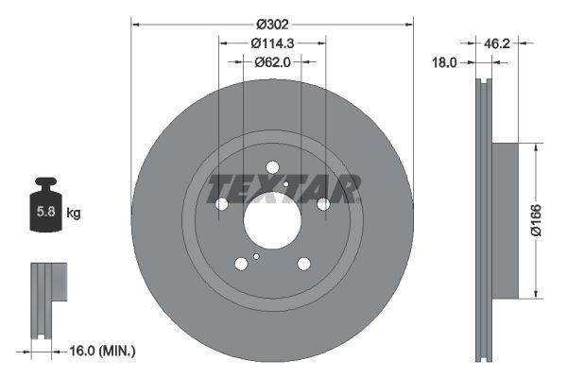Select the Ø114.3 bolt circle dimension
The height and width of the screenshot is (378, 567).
pyautogui.click(x=272, y=43)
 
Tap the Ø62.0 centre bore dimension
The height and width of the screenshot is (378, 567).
pyautogui.click(x=272, y=62)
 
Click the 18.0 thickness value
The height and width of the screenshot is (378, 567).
pyautogui.click(x=444, y=62)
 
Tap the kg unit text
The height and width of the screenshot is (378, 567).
pyautogui.click(x=74, y=214)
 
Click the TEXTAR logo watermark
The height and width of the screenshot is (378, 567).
pyautogui.click(x=283, y=189)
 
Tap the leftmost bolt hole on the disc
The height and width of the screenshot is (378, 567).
pyautogui.click(x=223, y=204)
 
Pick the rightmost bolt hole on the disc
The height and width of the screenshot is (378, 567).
pyautogui.click(x=322, y=203)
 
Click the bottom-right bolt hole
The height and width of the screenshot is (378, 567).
pyautogui.click(x=303, y=264)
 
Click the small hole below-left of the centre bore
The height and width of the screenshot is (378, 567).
pyautogui.click(x=256, y=255)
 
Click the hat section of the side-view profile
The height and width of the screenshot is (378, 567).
pyautogui.click(x=505, y=219)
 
